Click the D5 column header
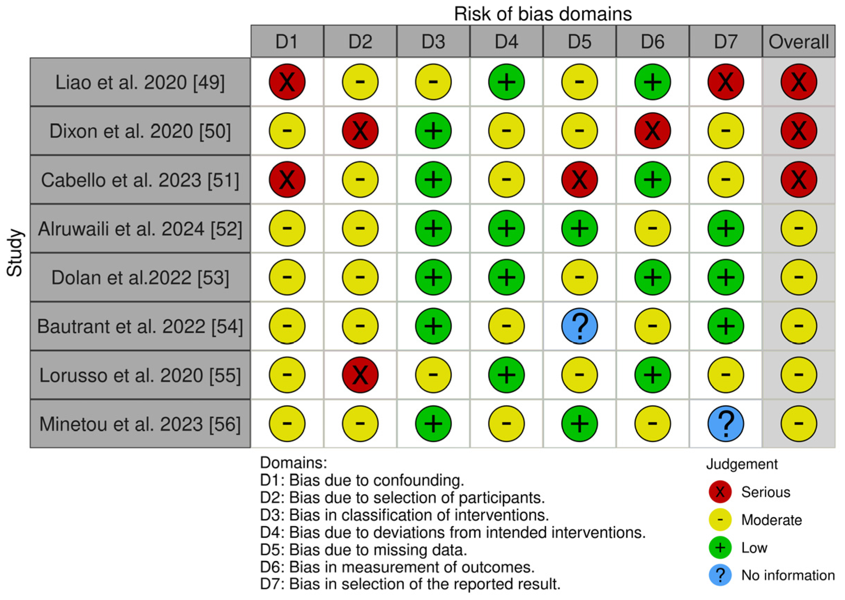[x=579, y=41]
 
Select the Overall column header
[x=798, y=41]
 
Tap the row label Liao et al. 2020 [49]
[x=140, y=82]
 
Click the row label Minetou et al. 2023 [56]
[x=140, y=424]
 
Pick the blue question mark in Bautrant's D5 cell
[x=579, y=326]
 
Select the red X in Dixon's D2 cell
[x=360, y=131]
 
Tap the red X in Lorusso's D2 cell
[x=360, y=375]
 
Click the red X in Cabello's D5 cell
[x=579, y=179]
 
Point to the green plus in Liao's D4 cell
[x=506, y=82]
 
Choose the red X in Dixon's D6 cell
[x=652, y=131]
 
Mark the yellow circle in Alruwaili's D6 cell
[x=652, y=228]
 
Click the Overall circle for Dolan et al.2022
[x=798, y=277]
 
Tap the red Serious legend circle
[x=720, y=492]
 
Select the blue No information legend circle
[x=720, y=575]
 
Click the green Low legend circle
[x=720, y=547]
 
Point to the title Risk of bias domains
[x=543, y=14]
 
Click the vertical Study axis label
[x=15, y=253]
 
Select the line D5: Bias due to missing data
[x=363, y=550]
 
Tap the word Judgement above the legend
[x=742, y=464]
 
